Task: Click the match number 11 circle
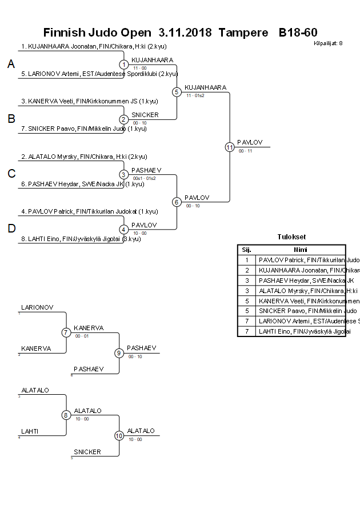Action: coord(230,147)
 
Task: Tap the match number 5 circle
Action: coord(177,91)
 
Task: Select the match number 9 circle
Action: coord(119,352)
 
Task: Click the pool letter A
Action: coord(11,65)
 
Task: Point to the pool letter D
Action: coord(11,229)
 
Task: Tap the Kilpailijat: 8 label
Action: coord(328,43)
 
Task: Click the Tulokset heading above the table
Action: coord(291,237)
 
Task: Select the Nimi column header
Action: coord(301,250)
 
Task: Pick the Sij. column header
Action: coord(246,250)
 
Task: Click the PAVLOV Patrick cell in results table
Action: coord(301,260)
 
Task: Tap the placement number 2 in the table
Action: coord(247,270)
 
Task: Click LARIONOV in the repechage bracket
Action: coord(37,307)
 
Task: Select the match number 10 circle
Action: coord(119,435)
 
